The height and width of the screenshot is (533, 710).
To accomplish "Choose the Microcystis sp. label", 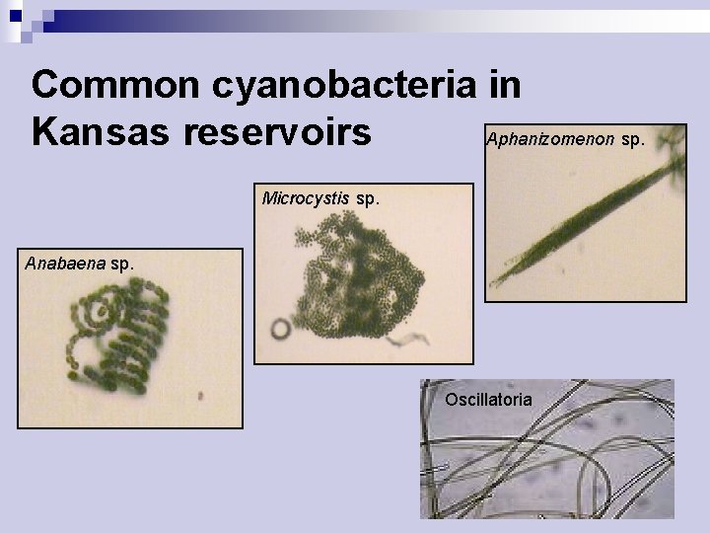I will pyautogui.click(x=319, y=197).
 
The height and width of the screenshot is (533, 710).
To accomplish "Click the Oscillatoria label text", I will pyautogui.click(x=488, y=400).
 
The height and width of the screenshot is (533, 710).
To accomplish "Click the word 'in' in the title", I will pyautogui.click(x=504, y=84).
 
